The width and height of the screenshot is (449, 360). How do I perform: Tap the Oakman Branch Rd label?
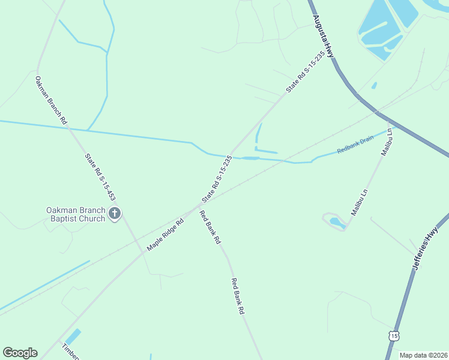[50, 100]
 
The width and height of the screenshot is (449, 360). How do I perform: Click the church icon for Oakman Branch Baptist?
[115, 213]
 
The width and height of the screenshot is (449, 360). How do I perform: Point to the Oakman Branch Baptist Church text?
[76, 214]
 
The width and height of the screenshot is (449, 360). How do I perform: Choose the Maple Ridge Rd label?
[164, 234]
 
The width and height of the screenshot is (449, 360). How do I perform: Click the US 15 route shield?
[393, 335]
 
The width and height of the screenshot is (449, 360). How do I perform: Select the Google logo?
[20, 353]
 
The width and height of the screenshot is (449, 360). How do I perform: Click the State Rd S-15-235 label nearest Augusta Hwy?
[306, 71]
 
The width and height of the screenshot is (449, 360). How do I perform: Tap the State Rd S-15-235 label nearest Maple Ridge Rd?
[217, 179]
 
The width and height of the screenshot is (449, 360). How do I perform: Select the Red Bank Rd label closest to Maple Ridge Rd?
[210, 227]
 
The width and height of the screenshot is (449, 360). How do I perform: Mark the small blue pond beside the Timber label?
[73, 337]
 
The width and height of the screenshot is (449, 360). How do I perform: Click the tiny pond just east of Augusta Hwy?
[374, 86]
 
